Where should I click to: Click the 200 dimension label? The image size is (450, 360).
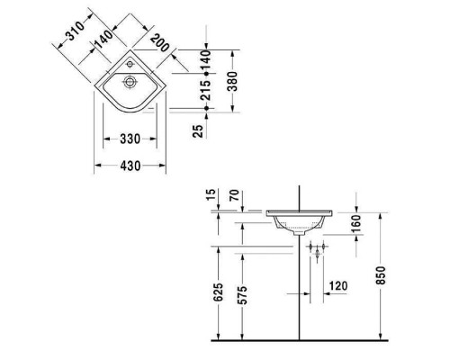(x=162, y=44)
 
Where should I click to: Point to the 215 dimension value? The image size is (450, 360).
(x=206, y=85)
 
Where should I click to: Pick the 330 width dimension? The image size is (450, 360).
(x=129, y=138)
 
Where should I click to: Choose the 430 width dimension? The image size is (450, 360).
(x=130, y=166)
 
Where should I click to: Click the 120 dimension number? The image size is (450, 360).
(x=337, y=286)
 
